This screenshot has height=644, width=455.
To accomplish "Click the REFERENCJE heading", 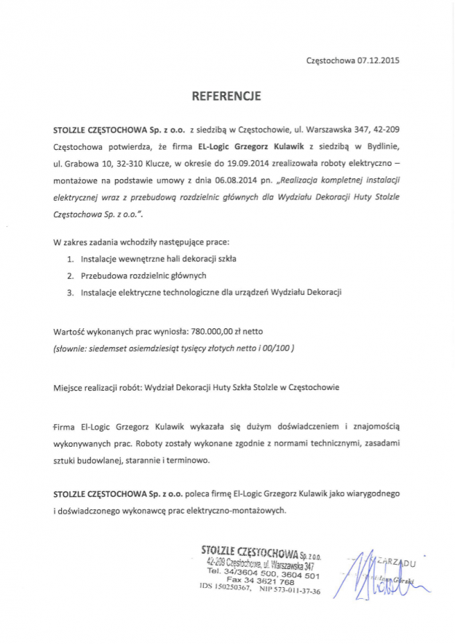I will pyautogui.click(x=226, y=95).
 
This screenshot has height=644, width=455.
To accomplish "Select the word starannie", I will pyautogui.click(x=154, y=460).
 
